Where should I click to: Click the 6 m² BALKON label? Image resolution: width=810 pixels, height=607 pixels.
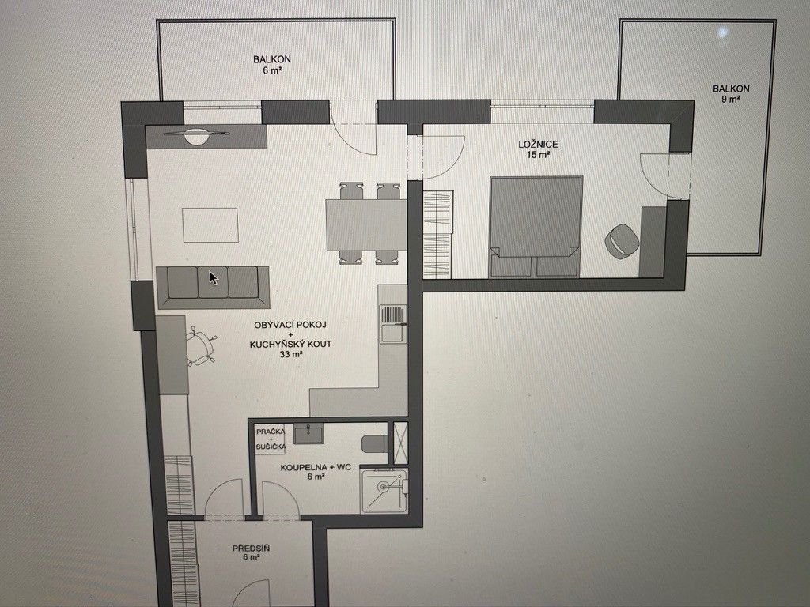pos(272,65)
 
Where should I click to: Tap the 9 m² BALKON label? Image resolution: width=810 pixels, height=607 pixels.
pos(731,93)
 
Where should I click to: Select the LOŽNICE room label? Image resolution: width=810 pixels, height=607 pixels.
pos(538,149)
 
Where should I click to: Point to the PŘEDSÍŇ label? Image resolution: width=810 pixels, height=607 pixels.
pos(251,552)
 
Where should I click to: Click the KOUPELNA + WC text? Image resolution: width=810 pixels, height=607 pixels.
pos(316,468)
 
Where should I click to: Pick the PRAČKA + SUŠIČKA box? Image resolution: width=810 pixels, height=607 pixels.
pos(271,439)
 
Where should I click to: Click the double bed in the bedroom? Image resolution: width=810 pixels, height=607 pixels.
pos(536,226)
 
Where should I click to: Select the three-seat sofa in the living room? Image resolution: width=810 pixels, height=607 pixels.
pos(213,287)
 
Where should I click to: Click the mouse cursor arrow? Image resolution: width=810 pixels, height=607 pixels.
pos(213,277)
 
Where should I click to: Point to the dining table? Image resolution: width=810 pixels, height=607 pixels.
pos(366,224)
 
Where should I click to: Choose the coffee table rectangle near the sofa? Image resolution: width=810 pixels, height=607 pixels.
pos(210,224)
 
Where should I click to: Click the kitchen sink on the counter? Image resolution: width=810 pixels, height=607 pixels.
pos(393,323)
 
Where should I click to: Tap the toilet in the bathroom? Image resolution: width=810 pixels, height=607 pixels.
pos(375,444)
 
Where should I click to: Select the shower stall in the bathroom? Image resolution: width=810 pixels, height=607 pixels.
pos(384,490)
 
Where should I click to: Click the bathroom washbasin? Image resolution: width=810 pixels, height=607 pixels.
pos(308,434)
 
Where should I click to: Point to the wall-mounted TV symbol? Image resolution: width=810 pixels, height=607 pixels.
pos(197,134)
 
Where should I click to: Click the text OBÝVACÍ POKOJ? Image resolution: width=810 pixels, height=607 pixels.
pos(290,325)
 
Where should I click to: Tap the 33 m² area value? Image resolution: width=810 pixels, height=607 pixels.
pos(291,355)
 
